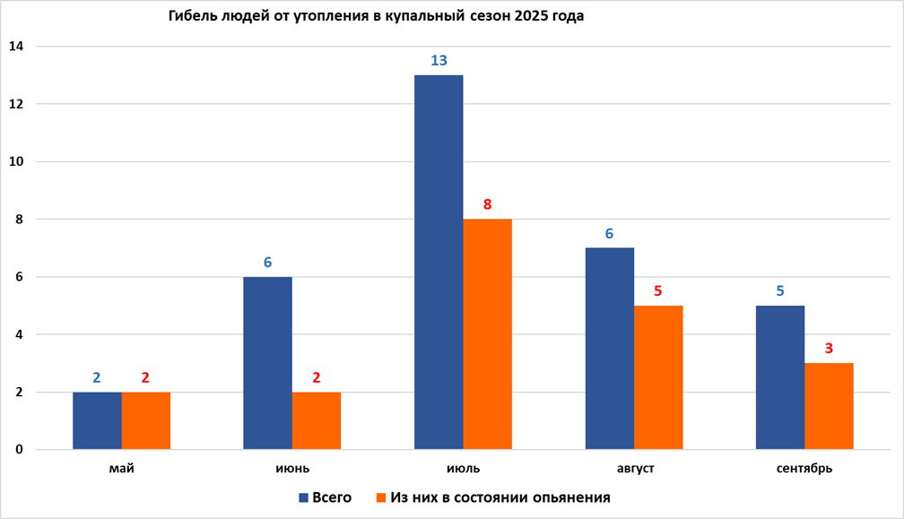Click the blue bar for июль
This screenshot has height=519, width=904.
click(x=439, y=262)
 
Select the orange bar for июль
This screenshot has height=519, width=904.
click(x=487, y=333)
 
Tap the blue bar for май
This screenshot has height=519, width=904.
click(x=97, y=420)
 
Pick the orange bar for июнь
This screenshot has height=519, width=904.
click(x=316, y=420)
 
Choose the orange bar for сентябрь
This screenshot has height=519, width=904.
click(x=829, y=405)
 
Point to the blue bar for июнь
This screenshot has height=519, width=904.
click(x=267, y=363)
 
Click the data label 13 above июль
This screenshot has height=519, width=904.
click(x=439, y=61)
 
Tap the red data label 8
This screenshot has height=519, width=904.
click(x=487, y=204)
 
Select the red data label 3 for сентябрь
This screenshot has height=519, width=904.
click(x=829, y=349)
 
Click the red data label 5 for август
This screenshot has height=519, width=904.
click(x=658, y=290)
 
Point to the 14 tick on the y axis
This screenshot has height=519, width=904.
click(x=17, y=47)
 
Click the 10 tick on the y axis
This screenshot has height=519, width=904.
click(x=17, y=162)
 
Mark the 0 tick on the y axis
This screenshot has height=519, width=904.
click(x=19, y=450)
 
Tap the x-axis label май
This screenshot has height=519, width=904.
click(x=121, y=469)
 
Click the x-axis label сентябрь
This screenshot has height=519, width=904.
click(x=804, y=469)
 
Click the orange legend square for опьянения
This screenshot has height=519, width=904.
click(x=381, y=497)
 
